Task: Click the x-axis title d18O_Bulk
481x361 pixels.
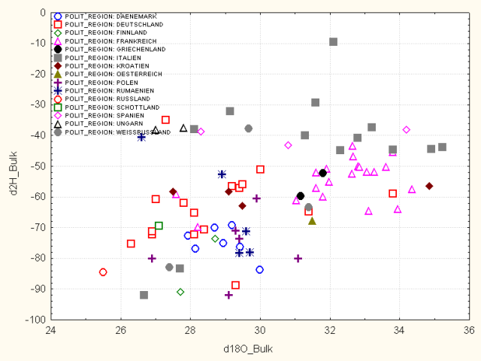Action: click(260, 350)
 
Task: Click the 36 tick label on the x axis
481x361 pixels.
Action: click(469, 329)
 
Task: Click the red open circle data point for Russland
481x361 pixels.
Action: click(103, 272)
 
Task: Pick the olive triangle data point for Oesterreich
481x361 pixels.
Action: click(312, 221)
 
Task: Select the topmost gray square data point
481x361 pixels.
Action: click(333, 42)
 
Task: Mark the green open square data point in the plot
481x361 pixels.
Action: click(159, 226)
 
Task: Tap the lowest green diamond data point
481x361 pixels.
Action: click(180, 292)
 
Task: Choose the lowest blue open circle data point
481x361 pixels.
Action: click(259, 269)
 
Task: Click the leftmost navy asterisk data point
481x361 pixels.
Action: click(141, 137)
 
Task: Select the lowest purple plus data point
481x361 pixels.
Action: click(228, 295)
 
